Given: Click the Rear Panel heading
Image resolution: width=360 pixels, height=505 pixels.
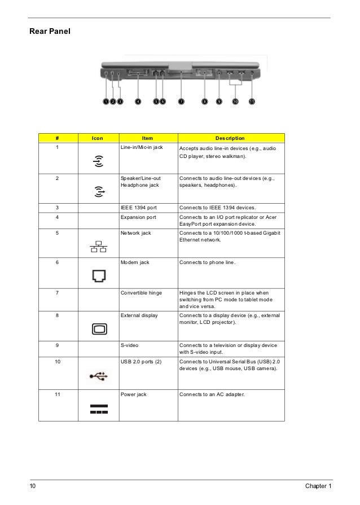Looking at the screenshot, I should coord(50,32).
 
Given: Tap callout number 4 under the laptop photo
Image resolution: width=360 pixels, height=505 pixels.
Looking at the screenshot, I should coord(138,102).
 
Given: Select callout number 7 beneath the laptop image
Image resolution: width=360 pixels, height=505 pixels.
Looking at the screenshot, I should coord(181,102).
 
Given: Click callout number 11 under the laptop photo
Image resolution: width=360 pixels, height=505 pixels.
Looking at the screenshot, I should coord(252,102).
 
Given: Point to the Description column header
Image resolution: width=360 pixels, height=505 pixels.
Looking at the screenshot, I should coord(230,138).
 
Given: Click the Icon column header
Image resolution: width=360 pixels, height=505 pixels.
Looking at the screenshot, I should coord(98,138).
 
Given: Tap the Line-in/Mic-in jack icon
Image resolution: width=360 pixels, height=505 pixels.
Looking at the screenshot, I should coord(98,161).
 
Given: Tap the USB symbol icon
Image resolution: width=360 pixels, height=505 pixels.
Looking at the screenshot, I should coord(98,375).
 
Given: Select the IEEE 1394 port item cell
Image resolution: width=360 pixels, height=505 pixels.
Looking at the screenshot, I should coord(139,208).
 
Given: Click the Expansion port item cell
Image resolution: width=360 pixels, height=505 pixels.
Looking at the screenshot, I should coord(139,217).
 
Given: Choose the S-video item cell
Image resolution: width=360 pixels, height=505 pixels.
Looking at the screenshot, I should coord(132,345).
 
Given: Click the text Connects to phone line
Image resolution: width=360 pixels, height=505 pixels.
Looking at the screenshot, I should coord(207,262).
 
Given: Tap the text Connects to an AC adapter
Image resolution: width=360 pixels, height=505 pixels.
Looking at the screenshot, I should coord(212,394).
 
